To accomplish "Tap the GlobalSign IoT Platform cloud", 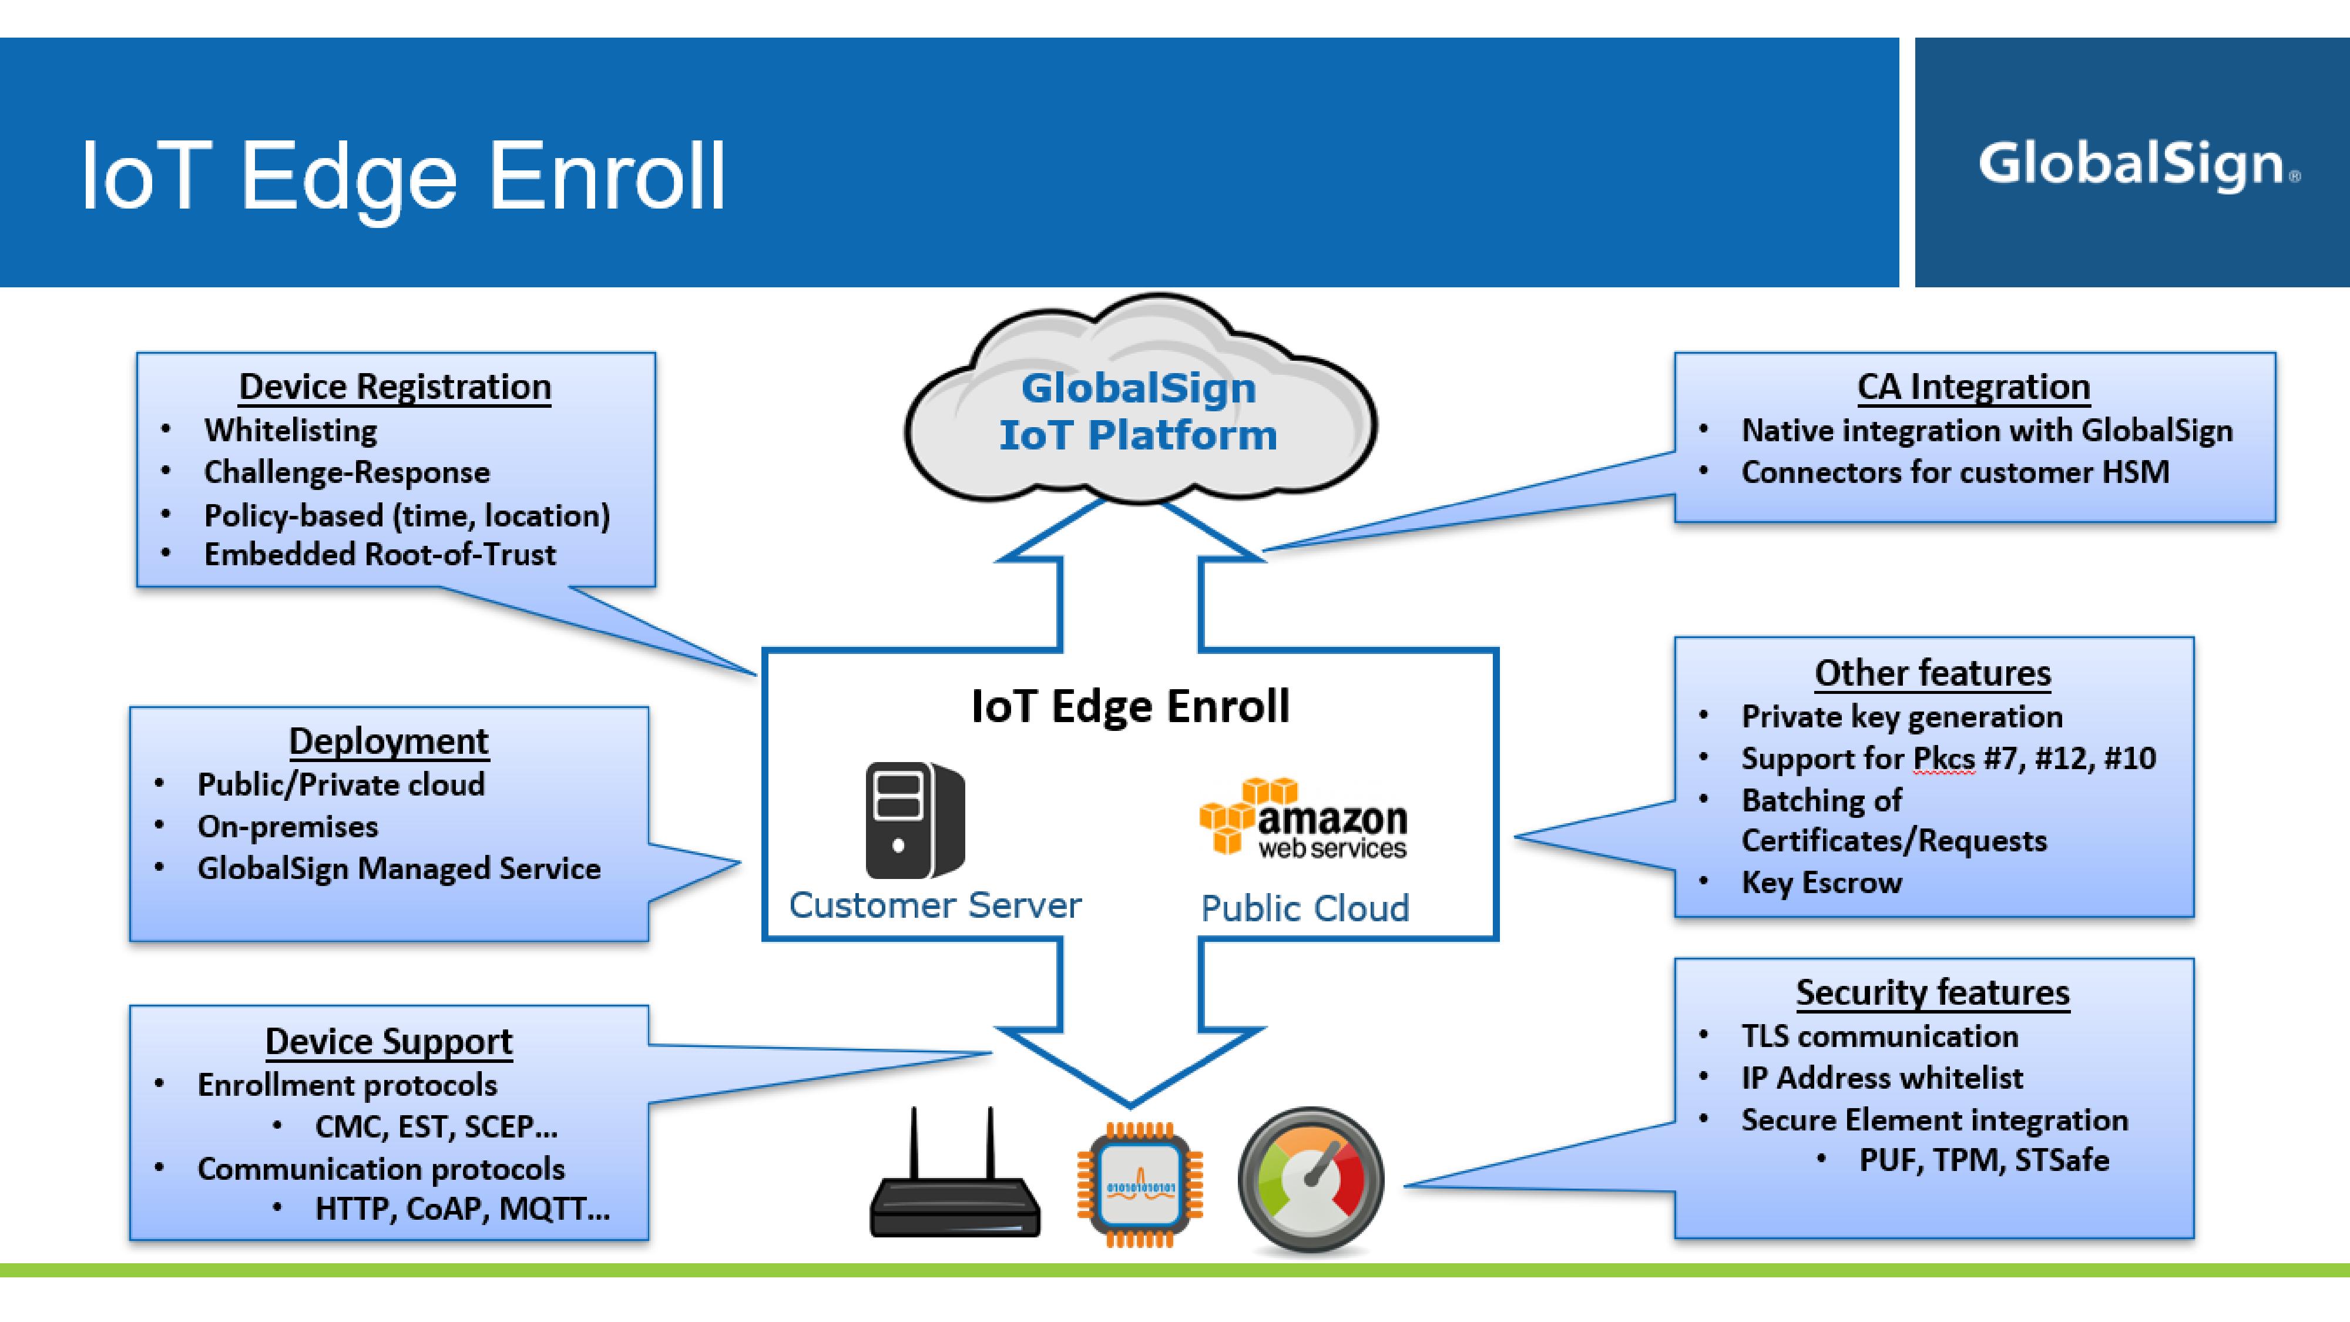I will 1139,411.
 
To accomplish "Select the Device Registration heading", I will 395,387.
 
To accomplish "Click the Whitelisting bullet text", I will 290,431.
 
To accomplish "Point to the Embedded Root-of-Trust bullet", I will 380,555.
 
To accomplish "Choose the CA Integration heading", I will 1973,387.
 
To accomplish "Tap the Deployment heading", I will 388,741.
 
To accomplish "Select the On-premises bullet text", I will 287,827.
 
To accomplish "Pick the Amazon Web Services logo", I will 1304,818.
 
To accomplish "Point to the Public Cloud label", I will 1304,909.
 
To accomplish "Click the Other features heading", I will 1932,673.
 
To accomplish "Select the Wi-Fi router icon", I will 954,1177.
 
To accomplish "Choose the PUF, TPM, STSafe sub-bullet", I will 1983,1160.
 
